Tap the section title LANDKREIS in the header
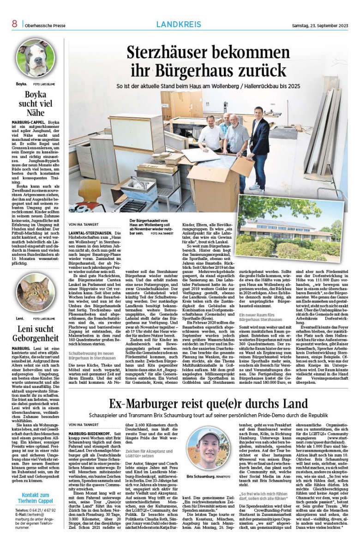[179, 24]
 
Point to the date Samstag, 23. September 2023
[319, 25]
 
